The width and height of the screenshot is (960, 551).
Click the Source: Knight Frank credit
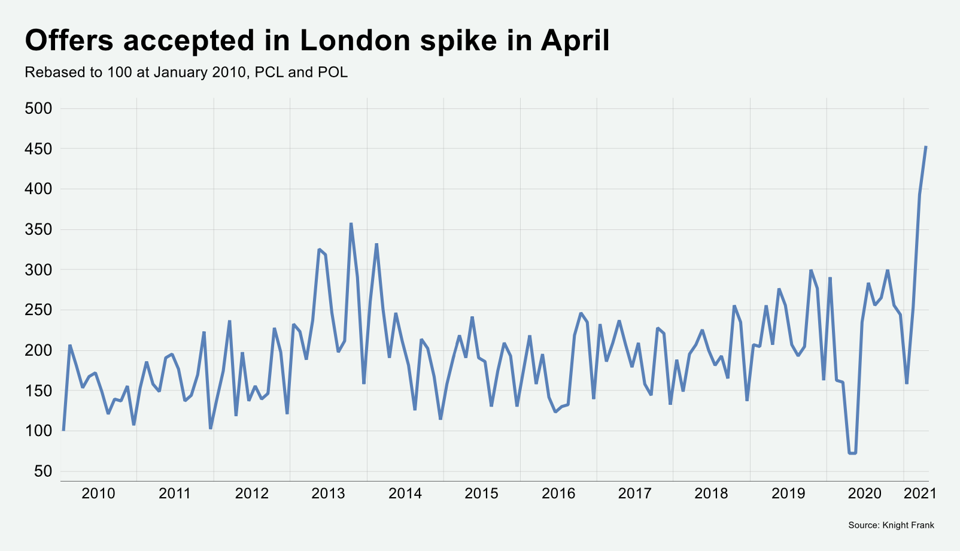[891, 525]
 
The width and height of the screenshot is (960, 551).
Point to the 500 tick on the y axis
[39, 108]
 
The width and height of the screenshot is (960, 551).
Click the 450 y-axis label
[39, 149]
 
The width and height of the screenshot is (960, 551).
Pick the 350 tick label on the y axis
[39, 229]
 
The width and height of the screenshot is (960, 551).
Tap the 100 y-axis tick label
[39, 431]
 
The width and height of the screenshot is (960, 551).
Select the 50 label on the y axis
[43, 471]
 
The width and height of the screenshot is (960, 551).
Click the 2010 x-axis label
[98, 494]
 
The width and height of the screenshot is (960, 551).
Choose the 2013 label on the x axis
[328, 494]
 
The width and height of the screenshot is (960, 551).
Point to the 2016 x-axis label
[558, 494]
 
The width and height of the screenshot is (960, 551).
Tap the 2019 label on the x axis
[788, 494]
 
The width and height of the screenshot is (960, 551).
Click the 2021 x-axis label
[919, 494]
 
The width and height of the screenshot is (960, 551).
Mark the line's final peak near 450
[926, 147]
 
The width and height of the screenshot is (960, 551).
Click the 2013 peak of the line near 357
[351, 223]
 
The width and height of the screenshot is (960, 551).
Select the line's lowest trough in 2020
[852, 453]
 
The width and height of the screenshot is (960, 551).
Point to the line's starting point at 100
[63, 430]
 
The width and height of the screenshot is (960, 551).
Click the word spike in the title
[463, 41]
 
